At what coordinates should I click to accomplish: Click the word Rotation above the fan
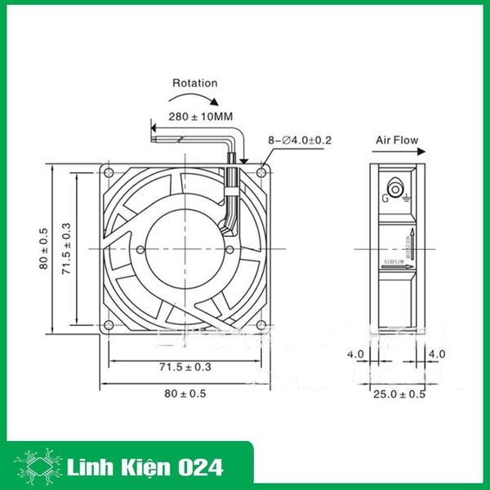tap(194, 82)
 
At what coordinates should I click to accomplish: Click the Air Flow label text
tap(396, 140)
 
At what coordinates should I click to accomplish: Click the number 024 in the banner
tap(197, 447)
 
